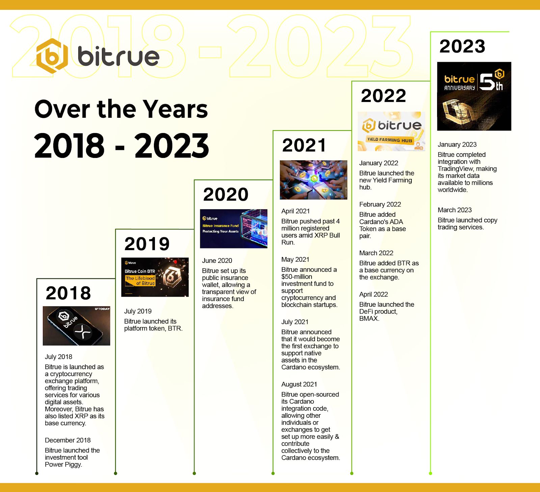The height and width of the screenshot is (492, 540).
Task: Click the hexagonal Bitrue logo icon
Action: coord(52,56)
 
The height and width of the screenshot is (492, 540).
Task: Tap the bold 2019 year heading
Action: coord(147,244)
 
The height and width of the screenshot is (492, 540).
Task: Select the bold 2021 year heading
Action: coord(304,145)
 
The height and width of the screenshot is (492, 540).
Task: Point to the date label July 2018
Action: coord(58,357)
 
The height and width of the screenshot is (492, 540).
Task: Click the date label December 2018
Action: coord(67,440)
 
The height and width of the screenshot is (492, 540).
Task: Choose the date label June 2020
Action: coord(217,261)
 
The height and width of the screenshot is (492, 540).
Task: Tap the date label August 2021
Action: coord(299,384)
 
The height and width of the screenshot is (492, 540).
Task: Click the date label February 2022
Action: coord(380,204)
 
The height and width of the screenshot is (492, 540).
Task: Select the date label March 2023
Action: coord(455,210)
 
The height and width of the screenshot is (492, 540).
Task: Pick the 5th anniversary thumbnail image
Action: coord(474,96)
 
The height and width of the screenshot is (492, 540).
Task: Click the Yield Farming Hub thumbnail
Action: coord(391,131)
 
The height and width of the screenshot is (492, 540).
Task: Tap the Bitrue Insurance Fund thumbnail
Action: coord(234,229)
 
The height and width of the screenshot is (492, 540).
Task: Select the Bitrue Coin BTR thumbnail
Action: coord(155,277)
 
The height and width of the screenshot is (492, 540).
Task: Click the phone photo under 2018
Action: coord(77,326)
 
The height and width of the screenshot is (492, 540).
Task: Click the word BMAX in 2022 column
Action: coord(369,318)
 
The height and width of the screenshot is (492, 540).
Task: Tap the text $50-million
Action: coord(297,277)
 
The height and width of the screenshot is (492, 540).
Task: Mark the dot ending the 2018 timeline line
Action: coord(37,473)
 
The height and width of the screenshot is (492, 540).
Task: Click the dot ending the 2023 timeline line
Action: coord(430,473)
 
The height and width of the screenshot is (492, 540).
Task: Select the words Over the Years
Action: coord(121,109)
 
